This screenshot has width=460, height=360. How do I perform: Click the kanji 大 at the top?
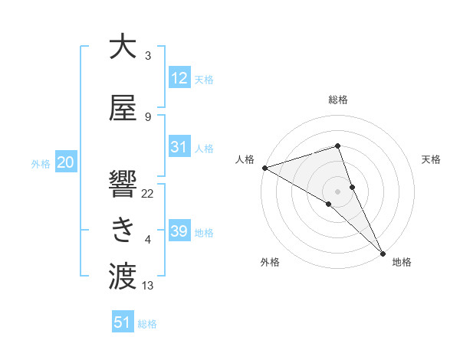click(123, 47)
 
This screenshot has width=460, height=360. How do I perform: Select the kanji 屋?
click(123, 109)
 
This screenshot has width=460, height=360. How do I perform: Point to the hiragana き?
click(123, 229)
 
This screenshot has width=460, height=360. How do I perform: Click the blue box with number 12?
click(179, 78)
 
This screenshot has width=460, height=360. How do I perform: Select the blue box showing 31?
click(179, 147)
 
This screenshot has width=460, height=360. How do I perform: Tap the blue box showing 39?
click(179, 231)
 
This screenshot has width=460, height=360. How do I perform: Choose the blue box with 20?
click(65, 162)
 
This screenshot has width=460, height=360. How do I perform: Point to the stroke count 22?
click(148, 193)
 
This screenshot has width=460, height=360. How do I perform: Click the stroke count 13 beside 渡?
click(148, 286)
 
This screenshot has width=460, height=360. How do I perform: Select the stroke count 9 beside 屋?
click(147, 116)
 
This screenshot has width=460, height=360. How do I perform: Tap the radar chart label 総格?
click(338, 100)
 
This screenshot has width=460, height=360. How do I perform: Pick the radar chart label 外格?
click(270, 262)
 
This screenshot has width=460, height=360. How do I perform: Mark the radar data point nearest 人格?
click(264, 167)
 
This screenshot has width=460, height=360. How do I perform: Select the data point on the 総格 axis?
click(337, 146)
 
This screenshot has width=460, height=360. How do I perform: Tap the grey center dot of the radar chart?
click(337, 191)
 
